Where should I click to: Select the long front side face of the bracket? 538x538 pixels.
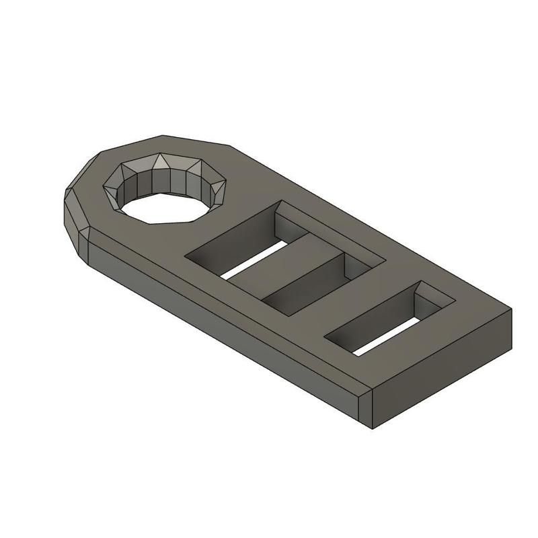click(222, 316)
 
